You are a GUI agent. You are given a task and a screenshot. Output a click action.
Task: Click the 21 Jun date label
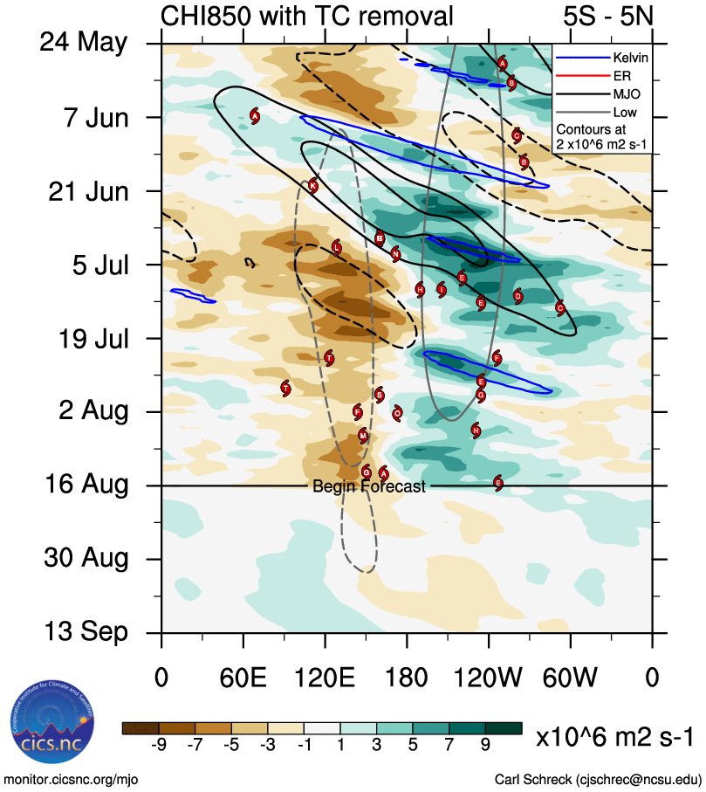pyautogui.click(x=85, y=190)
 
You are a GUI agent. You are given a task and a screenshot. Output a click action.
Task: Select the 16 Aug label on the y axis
pyautogui.click(x=85, y=485)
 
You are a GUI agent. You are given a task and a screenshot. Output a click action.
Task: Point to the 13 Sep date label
pyautogui.click(x=85, y=632)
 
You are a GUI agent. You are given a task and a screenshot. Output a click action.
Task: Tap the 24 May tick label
pyautogui.click(x=85, y=44)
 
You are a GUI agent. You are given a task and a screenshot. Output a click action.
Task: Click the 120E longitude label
pyautogui.click(x=326, y=678)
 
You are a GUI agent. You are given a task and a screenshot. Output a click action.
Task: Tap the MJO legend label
pyautogui.click(x=627, y=93)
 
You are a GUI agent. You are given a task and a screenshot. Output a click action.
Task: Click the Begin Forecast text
pyautogui.click(x=369, y=486)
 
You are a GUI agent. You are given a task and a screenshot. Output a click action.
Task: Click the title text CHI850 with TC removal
pyautogui.click(x=307, y=16)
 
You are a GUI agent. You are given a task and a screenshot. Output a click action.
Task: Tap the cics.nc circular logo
pyautogui.click(x=48, y=724)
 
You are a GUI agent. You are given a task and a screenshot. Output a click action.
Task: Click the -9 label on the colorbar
pyautogui.click(x=159, y=745)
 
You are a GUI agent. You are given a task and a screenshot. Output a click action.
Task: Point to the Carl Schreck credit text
pyautogui.click(x=598, y=779)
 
